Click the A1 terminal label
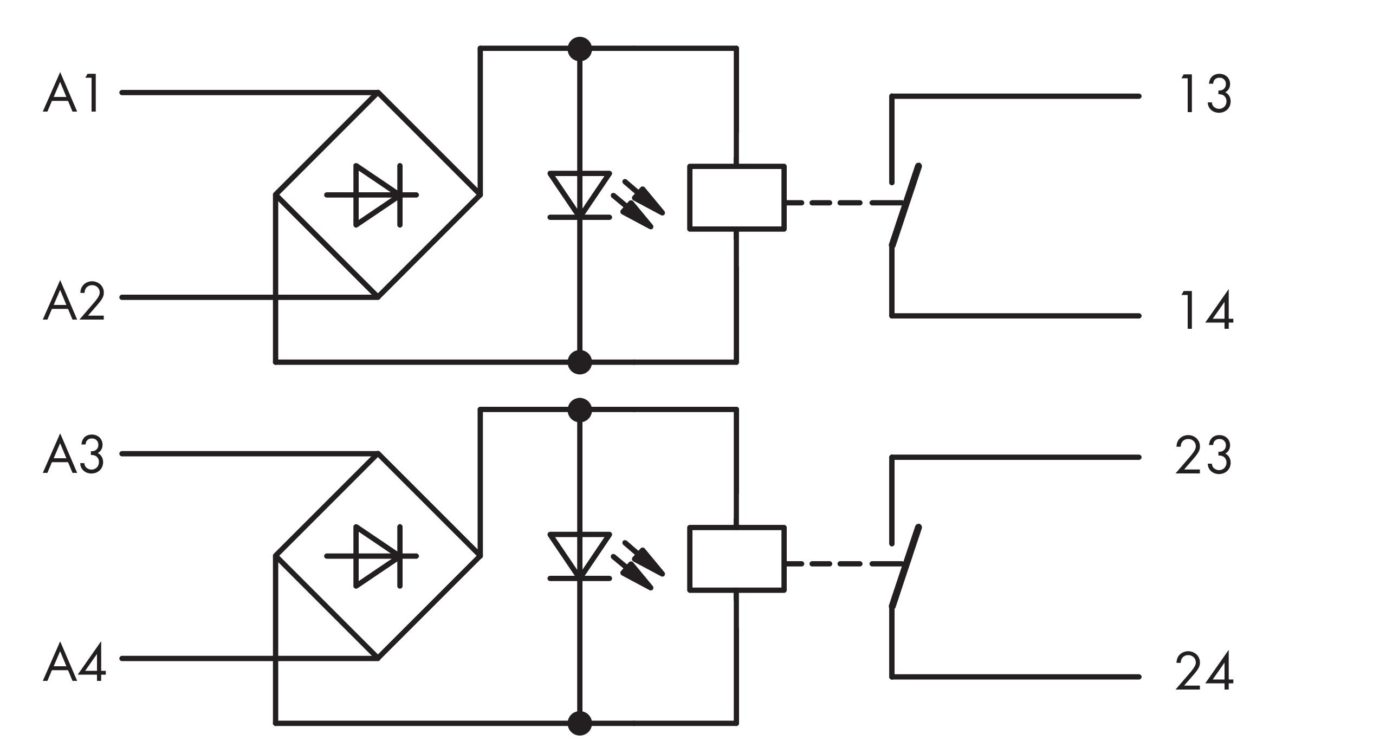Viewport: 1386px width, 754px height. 72,93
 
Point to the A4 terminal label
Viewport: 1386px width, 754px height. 74,662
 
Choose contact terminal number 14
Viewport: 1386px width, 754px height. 1207,310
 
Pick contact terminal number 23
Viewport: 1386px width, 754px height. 1203,456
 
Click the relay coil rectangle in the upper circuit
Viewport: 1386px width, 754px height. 737,198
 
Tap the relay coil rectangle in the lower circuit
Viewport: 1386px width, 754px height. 737,559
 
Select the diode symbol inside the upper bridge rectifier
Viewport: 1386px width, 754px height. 372,195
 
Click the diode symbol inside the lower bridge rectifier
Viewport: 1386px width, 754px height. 372,556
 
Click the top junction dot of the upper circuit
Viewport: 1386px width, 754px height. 580,49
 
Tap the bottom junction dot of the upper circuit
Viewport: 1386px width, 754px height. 580,362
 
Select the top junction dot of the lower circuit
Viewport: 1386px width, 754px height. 580,410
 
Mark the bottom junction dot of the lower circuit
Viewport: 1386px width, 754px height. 580,723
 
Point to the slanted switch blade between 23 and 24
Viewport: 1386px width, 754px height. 905,567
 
